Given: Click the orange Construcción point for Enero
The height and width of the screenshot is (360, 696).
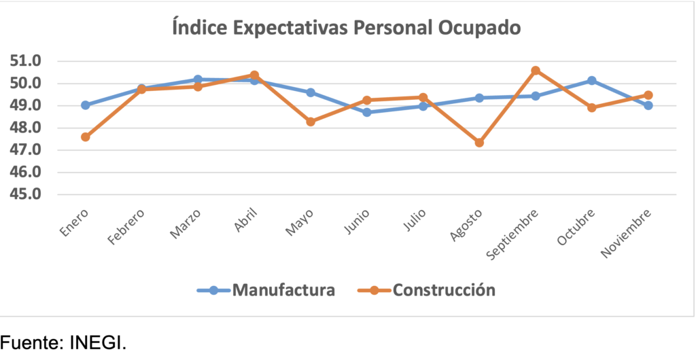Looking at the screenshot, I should [x=85, y=137].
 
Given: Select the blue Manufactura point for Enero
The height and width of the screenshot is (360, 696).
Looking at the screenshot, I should [x=85, y=105].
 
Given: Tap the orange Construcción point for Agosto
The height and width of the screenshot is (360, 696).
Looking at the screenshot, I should [x=479, y=143].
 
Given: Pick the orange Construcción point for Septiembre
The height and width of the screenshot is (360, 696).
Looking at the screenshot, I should [x=536, y=71].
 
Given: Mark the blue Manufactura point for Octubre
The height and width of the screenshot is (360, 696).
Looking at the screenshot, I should [x=592, y=81].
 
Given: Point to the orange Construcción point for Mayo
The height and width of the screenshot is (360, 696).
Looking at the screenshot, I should [x=311, y=122].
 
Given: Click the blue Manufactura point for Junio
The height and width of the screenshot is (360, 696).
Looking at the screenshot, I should [x=367, y=112].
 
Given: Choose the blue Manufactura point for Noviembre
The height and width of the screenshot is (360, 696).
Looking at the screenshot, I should [x=648, y=105].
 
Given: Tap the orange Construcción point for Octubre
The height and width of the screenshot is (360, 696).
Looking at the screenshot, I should [x=592, y=107].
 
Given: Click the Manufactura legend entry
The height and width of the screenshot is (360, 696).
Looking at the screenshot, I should [x=266, y=290].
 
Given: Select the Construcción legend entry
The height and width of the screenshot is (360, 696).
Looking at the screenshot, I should [x=426, y=290].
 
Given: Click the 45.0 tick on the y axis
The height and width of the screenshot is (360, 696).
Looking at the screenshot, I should [x=26, y=194].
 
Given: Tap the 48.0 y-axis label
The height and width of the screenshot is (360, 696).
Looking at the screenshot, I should [x=26, y=128].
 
